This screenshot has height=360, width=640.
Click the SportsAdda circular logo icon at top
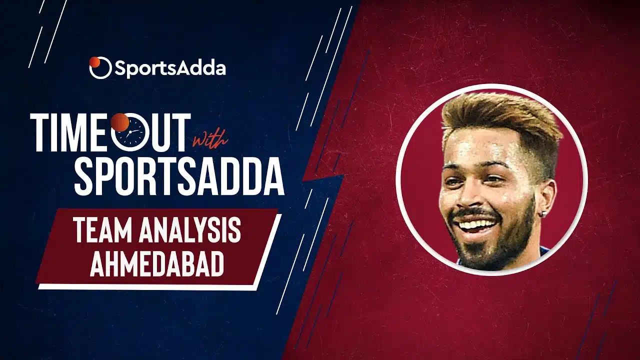100,67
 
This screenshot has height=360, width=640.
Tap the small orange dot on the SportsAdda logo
94,61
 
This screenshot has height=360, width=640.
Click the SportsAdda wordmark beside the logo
170,68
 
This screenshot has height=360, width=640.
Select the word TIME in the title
70,132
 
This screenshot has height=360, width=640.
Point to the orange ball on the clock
120,122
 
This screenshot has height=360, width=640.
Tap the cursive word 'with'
210,140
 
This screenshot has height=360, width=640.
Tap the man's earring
543,213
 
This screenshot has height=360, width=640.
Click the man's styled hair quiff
500,117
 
